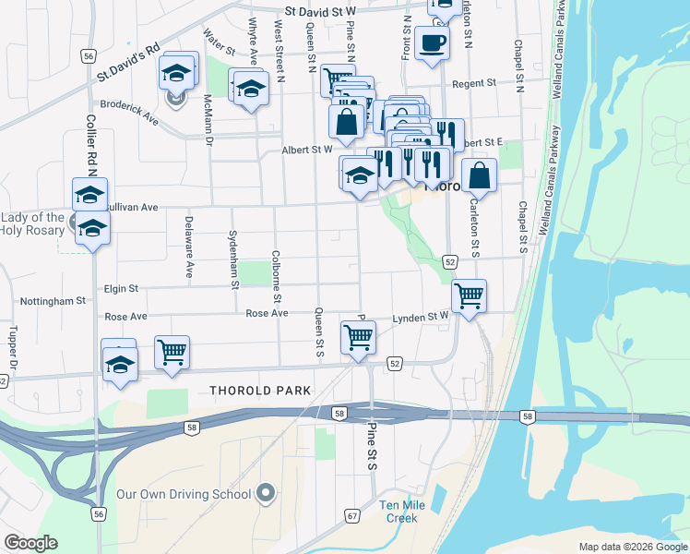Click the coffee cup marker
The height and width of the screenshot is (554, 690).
(x=432, y=42)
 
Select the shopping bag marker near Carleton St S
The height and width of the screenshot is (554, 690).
(x=479, y=175)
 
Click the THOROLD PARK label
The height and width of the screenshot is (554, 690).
(x=261, y=391)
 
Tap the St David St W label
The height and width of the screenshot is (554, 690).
(x=320, y=12)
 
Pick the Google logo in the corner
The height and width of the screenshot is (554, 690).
(x=30, y=543)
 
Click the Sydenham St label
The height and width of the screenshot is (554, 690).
(x=234, y=259)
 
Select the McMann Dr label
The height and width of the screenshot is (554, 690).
(x=208, y=120)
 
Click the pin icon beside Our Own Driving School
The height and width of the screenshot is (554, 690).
(x=266, y=493)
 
